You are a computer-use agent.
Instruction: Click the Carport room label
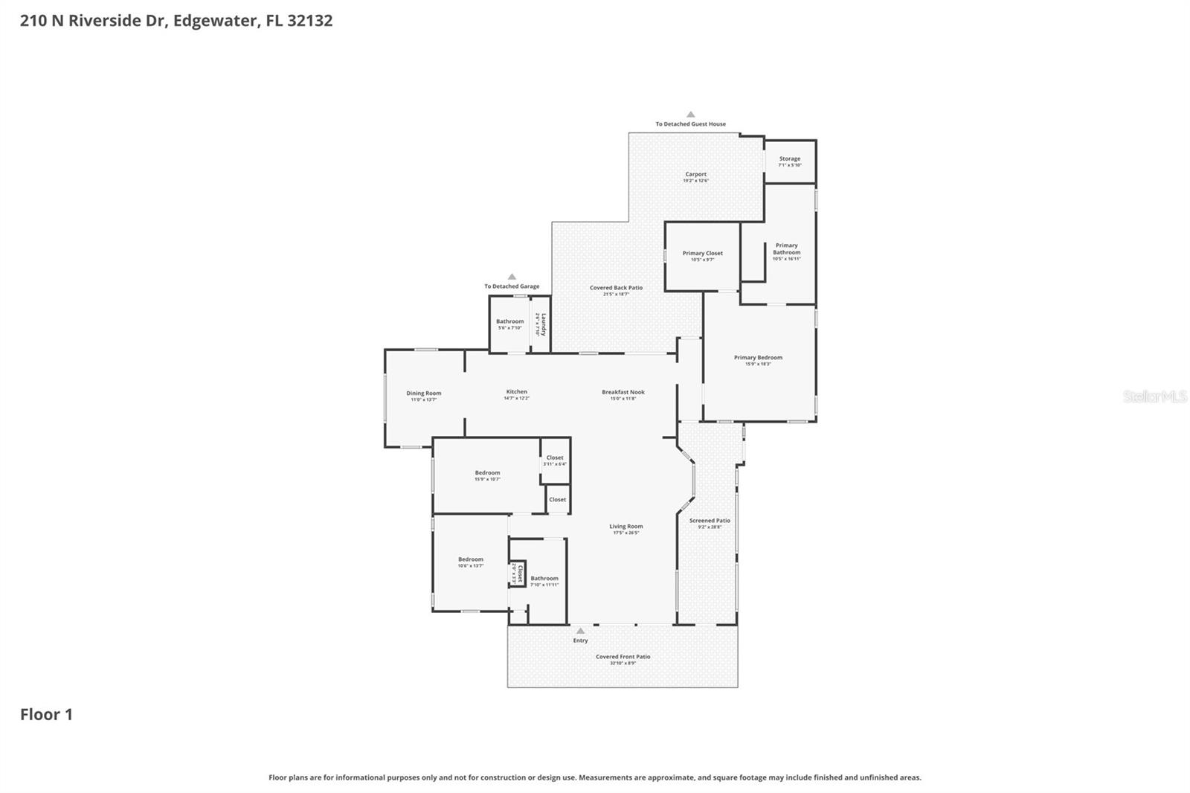696,175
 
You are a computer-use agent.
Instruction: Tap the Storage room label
790,159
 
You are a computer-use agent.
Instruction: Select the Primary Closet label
703,254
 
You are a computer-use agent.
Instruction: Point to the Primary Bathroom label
786,249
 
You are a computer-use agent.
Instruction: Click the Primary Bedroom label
758,358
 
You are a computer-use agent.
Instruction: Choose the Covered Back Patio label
616,288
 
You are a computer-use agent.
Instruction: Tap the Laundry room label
543,324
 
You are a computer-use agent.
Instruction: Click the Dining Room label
424,394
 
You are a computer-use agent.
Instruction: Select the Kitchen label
517,392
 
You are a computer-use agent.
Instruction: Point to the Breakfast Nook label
623,392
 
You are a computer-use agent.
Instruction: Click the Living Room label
626,527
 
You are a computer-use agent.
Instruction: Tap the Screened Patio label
710,521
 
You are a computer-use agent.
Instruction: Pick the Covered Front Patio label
623,657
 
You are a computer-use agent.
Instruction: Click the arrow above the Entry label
580,631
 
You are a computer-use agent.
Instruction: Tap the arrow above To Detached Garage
512,277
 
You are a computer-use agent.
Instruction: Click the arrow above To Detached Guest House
690,115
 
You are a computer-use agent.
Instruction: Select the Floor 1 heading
46,715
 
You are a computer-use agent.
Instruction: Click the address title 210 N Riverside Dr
176,21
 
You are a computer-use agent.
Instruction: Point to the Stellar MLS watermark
1154,396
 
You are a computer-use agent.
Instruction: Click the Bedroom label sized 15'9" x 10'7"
488,473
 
